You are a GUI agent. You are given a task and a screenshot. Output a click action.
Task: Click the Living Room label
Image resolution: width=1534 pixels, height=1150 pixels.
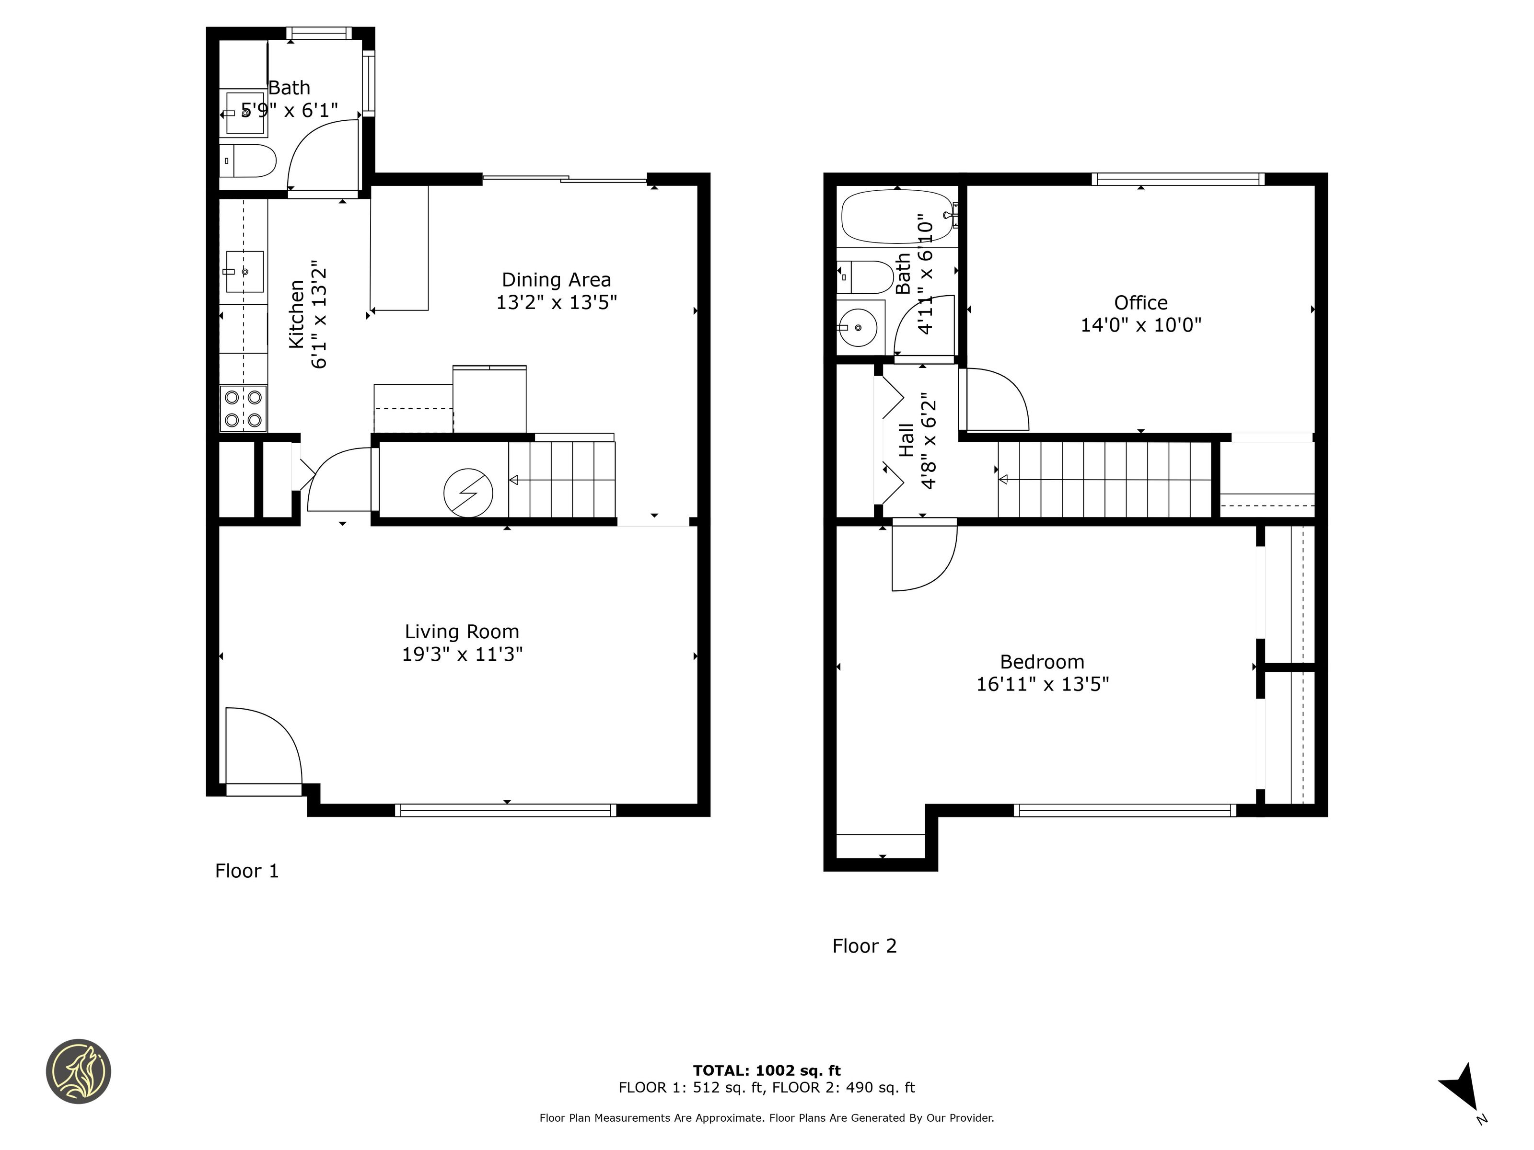pyautogui.click(x=462, y=632)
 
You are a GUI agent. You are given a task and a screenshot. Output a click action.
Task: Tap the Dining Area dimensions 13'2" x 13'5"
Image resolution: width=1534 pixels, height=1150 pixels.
pyautogui.click(x=556, y=302)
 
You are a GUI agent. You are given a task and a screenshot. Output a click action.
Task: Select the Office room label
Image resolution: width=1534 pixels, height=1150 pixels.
pyautogui.click(x=1141, y=302)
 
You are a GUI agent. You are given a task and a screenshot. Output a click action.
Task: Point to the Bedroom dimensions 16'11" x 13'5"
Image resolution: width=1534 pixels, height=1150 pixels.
pyautogui.click(x=1042, y=684)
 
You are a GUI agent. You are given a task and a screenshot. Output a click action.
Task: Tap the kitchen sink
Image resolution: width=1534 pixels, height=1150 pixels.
pyautogui.click(x=244, y=271)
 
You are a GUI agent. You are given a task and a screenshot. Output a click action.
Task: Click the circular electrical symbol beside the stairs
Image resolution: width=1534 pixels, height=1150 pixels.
pyautogui.click(x=468, y=493)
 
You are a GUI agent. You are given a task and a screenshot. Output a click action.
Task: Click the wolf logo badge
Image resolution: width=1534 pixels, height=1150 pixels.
pyautogui.click(x=78, y=1071)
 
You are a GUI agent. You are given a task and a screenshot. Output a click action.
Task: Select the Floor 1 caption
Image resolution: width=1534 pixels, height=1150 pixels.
pyautogui.click(x=247, y=871)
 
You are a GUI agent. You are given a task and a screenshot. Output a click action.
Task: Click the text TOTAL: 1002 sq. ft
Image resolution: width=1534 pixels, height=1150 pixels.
pyautogui.click(x=767, y=1071)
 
